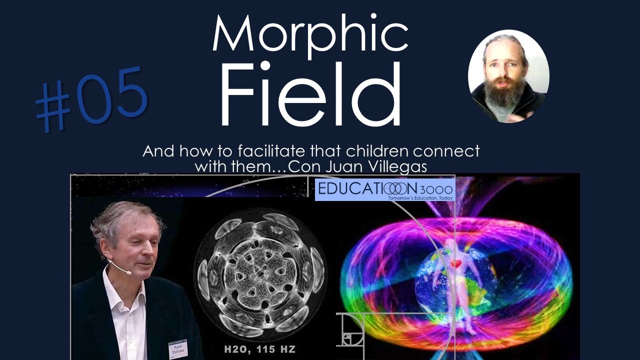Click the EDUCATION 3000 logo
384,190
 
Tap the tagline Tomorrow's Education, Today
419,198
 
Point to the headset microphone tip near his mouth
128,273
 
